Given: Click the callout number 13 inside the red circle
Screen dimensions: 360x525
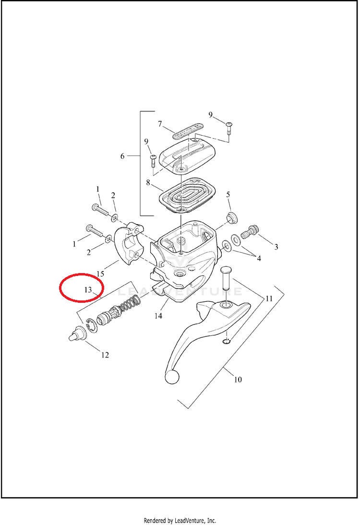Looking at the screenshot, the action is coord(88,290).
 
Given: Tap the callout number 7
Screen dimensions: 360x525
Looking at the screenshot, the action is coord(160,124).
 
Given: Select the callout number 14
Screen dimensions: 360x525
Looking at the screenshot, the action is coord(158,315).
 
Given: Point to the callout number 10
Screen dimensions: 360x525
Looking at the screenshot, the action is coord(238,379).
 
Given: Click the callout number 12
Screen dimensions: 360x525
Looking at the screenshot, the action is coord(105,355).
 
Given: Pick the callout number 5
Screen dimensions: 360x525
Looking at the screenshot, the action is coord(228,194).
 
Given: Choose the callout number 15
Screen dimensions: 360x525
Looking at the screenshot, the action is coord(100,274).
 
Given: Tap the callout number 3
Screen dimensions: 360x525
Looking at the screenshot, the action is coord(276,247).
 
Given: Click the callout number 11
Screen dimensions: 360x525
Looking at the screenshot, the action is coord(269,298).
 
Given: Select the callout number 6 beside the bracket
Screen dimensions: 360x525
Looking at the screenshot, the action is coord(122,156).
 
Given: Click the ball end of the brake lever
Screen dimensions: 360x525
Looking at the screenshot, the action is coord(171,377).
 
